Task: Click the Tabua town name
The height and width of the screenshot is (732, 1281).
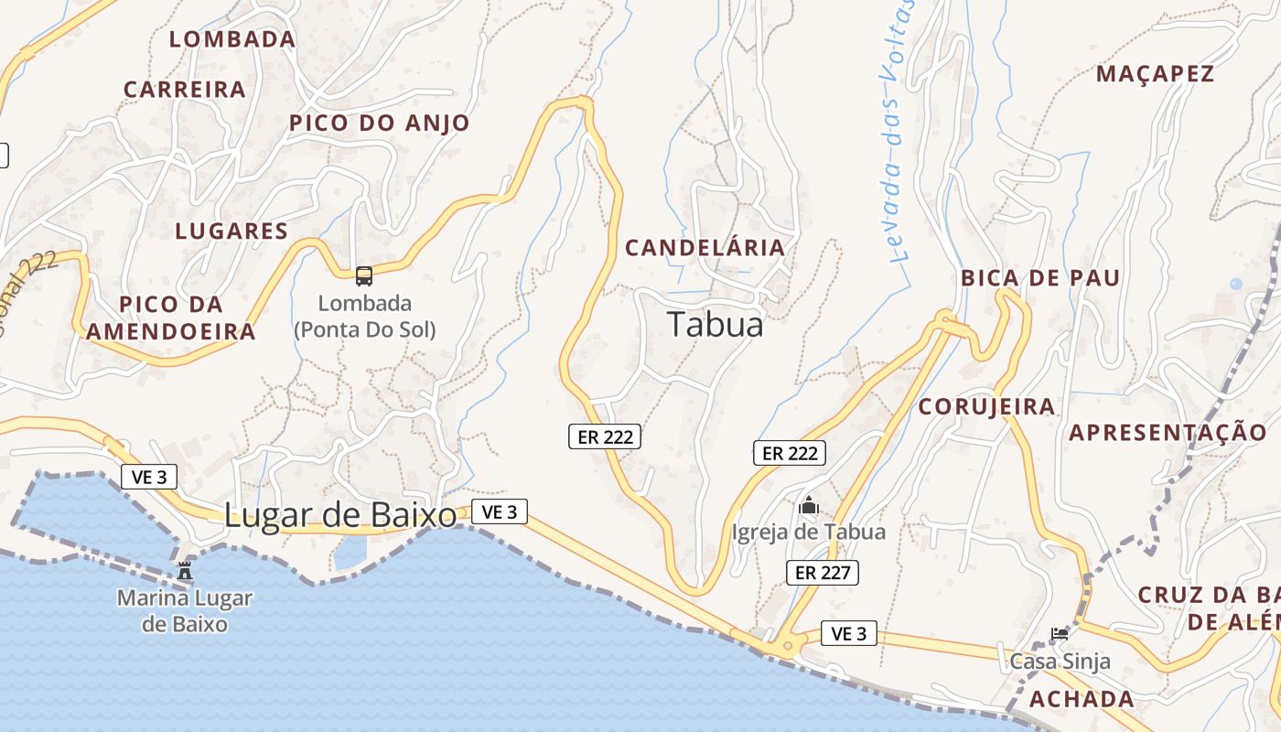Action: pyautogui.click(x=715, y=324)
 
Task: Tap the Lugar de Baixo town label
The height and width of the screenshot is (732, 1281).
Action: pyautogui.click(x=340, y=515)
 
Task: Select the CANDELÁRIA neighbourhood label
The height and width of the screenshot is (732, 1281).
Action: pyautogui.click(x=705, y=247)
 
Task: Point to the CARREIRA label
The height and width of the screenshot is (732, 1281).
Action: pyautogui.click(x=185, y=90)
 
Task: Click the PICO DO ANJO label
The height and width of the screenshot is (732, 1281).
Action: pyautogui.click(x=380, y=123)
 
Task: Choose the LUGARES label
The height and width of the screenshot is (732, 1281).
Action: pyautogui.click(x=231, y=231)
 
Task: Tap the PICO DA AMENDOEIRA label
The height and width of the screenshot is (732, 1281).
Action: pyautogui.click(x=171, y=318)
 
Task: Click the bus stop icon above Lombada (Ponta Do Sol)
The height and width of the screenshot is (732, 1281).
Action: pyautogui.click(x=364, y=275)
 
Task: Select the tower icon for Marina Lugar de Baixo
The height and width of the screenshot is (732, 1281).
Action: pyautogui.click(x=185, y=571)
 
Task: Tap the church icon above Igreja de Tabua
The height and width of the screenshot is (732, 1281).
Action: pyautogui.click(x=809, y=505)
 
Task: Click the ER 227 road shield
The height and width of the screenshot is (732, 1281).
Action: pyautogui.click(x=823, y=573)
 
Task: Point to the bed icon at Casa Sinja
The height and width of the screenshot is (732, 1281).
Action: pyautogui.click(x=1060, y=633)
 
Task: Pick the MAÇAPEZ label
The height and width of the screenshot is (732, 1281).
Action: pyautogui.click(x=1155, y=74)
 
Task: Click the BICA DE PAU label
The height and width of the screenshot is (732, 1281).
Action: pyautogui.click(x=1040, y=278)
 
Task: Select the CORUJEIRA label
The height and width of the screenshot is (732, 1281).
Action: pyautogui.click(x=986, y=406)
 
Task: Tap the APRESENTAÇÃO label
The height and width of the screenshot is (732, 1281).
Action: pyautogui.click(x=1168, y=432)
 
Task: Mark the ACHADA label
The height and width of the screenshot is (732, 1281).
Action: pyautogui.click(x=1082, y=699)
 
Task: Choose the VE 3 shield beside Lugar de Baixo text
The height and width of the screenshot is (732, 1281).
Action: pyautogui.click(x=500, y=511)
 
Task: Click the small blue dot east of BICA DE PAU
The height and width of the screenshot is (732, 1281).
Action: pyautogui.click(x=1236, y=284)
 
